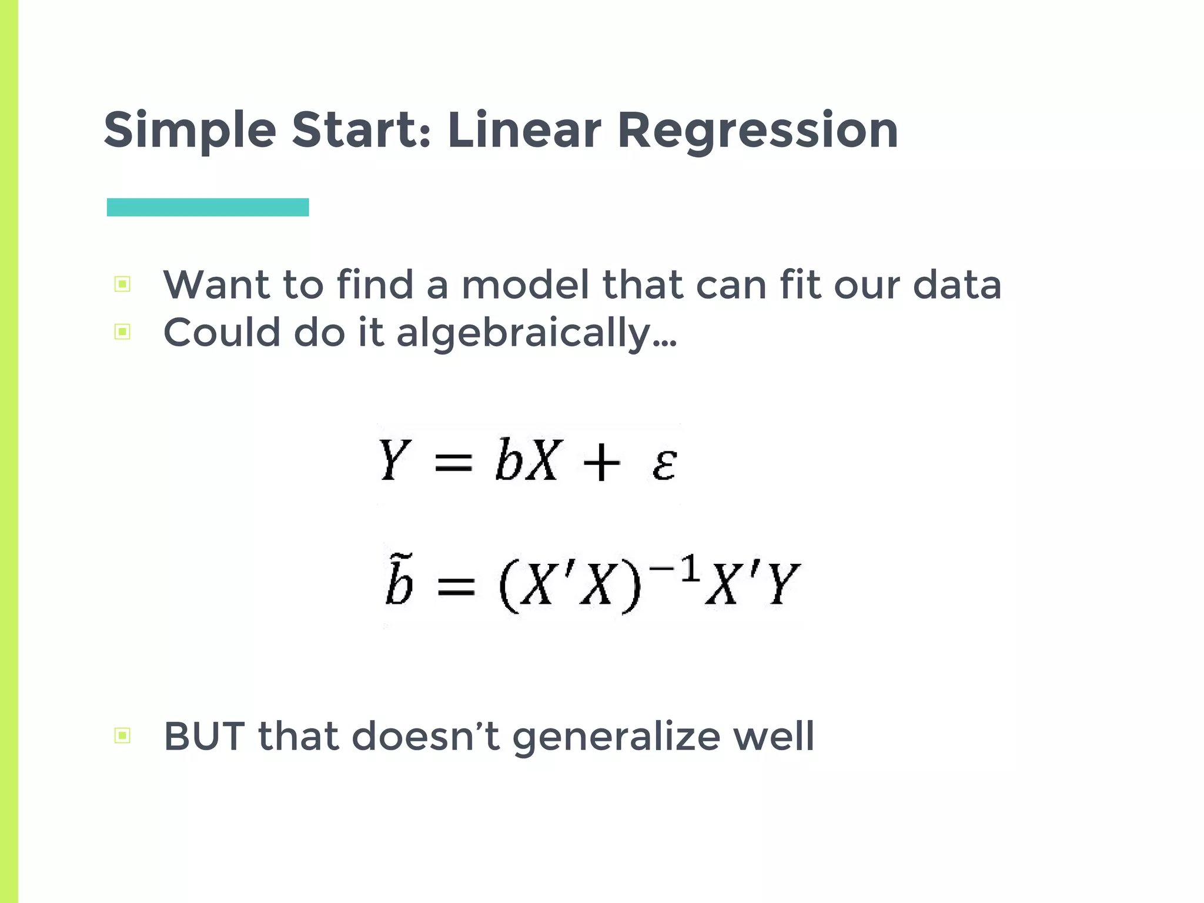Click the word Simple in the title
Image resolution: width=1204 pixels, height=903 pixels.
click(190, 131)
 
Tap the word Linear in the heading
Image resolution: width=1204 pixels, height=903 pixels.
click(524, 131)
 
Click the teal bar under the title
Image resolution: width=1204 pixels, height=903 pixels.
click(208, 207)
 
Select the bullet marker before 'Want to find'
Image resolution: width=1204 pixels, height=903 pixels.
click(122, 285)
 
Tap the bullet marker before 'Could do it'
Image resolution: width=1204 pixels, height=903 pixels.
click(122, 332)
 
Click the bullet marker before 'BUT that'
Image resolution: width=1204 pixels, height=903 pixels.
click(122, 735)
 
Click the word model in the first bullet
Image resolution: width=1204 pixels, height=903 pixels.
click(525, 285)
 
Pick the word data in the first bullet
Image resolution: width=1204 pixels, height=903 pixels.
click(956, 285)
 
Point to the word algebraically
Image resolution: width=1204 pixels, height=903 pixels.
click(536, 333)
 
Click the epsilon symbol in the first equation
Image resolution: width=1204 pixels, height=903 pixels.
click(664, 465)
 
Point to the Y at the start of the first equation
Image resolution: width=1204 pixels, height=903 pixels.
click(393, 460)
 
